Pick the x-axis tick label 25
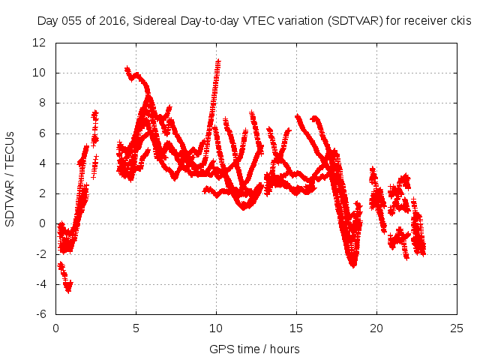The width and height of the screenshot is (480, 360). coord(456,328)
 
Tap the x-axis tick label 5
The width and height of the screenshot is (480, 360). coord(136,328)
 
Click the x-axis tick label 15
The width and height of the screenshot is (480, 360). coord(295,328)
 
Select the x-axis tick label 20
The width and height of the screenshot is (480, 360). coord(376,328)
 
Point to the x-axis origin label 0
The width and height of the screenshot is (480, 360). coord(55,328)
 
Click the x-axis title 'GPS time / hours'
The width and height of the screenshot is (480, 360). coord(255,349)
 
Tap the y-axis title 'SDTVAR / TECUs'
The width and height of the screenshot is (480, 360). coord(10,178)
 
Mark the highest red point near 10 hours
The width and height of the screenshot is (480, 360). coord(218,61)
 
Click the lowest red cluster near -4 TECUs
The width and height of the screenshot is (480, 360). coord(68,288)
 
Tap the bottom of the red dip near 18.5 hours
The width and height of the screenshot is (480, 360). coord(352,264)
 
